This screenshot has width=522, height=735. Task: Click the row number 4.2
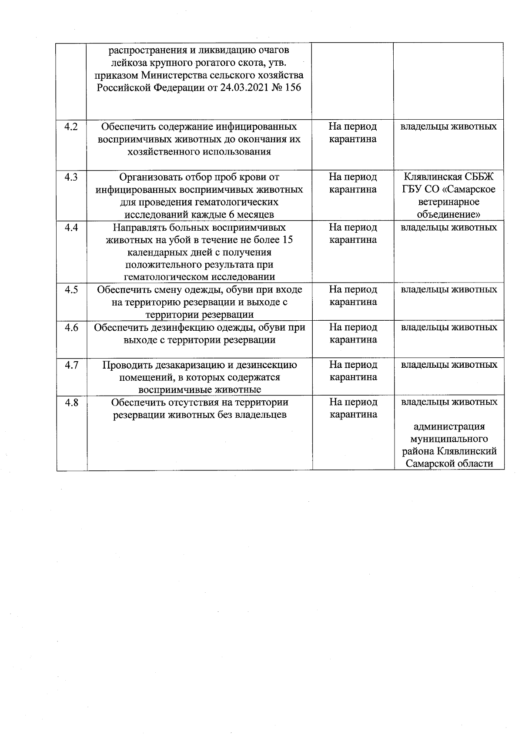(x=71, y=127)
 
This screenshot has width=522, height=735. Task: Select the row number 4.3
(x=71, y=177)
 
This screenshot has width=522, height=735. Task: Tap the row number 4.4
(x=71, y=228)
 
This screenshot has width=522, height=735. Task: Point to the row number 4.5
(x=71, y=290)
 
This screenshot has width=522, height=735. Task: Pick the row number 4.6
(x=71, y=328)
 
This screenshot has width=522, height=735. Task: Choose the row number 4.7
(x=71, y=365)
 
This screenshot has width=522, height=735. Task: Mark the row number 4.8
(x=71, y=403)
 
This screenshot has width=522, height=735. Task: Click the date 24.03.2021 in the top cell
(x=238, y=87)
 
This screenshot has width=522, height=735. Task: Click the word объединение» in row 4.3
(x=448, y=215)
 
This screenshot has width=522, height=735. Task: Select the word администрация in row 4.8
(x=449, y=427)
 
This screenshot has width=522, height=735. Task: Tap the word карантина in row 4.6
(x=353, y=340)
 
